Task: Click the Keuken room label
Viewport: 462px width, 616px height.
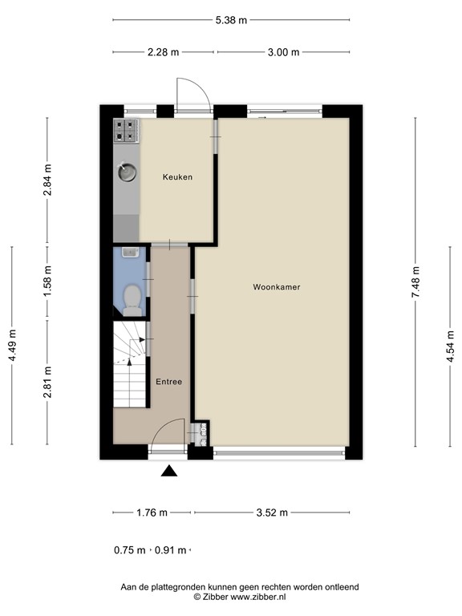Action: point(177,176)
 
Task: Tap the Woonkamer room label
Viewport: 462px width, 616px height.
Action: point(277,286)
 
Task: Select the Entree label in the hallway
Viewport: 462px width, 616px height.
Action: point(168,382)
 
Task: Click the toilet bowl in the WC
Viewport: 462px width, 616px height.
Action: point(132,300)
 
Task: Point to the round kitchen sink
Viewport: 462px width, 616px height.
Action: point(127,171)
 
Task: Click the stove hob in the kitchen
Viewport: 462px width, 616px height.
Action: point(127,131)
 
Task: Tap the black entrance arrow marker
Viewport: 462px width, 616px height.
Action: point(168,472)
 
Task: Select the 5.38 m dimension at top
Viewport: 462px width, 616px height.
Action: point(231,19)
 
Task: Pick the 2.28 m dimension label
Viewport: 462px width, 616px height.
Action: point(164,53)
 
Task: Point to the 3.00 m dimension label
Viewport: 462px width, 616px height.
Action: point(283,53)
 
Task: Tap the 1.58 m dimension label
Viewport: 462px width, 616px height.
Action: point(47,281)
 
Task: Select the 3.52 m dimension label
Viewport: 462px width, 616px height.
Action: point(272,513)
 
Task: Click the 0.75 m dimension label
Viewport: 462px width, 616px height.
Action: point(130,550)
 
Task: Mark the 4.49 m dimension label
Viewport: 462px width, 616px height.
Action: point(12,346)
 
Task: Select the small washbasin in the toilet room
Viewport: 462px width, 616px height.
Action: point(131,253)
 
